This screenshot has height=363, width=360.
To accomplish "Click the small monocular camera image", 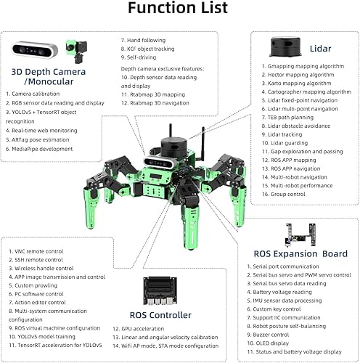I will click(x=74, y=49).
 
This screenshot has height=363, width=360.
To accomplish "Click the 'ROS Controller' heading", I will click(x=161, y=314).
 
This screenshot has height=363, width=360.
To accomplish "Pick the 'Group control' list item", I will click(x=285, y=195).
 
